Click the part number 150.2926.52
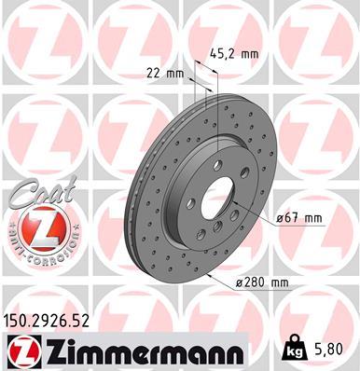[x=53, y=320]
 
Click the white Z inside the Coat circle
[x=38, y=227]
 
